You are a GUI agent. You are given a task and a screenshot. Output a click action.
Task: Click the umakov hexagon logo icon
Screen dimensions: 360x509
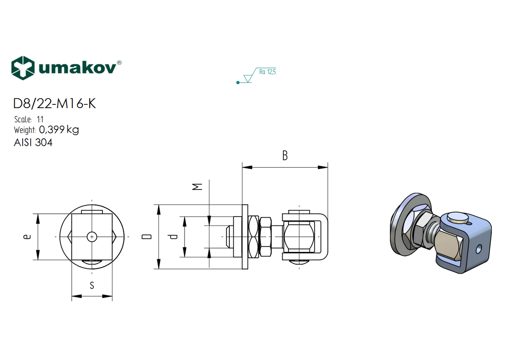click(23, 67)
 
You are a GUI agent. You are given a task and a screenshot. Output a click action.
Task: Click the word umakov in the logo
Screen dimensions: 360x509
click(77, 68)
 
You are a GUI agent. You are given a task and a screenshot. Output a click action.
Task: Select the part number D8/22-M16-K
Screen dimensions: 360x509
click(55, 104)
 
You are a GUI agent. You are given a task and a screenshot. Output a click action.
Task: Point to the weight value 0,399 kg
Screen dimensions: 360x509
click(59, 129)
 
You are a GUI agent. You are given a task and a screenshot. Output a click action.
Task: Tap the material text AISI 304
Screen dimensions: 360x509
click(33, 142)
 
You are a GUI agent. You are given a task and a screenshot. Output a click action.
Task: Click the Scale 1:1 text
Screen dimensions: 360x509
click(29, 119)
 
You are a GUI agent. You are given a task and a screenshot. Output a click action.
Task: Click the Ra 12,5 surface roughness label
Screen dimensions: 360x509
click(267, 72)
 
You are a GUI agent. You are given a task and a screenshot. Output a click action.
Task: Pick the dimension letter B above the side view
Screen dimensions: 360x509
click(285, 156)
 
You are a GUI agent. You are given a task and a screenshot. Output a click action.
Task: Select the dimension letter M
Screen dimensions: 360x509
click(197, 186)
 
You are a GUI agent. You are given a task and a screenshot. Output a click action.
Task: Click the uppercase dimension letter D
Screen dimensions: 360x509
click(146, 237)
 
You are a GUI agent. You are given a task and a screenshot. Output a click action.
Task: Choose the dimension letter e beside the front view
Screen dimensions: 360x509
click(27, 237)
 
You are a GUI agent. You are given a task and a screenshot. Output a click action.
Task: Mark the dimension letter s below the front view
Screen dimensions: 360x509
click(92, 286)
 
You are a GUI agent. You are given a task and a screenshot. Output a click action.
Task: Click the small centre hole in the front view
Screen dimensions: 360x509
click(92, 237)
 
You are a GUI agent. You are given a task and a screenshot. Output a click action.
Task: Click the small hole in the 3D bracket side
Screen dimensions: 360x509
click(478, 250)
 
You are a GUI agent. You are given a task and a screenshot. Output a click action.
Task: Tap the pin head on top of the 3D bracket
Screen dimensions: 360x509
click(457, 218)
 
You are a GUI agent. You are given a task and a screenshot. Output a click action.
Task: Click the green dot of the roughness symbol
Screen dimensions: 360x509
click(238, 83)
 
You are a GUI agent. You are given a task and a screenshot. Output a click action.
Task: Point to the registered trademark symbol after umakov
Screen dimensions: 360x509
click(119, 62)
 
